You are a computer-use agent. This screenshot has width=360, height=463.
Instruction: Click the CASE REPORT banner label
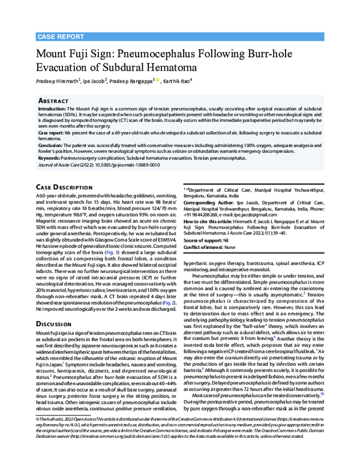click(59, 37)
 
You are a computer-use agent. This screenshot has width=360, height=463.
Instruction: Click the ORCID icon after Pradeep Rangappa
click(158, 79)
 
